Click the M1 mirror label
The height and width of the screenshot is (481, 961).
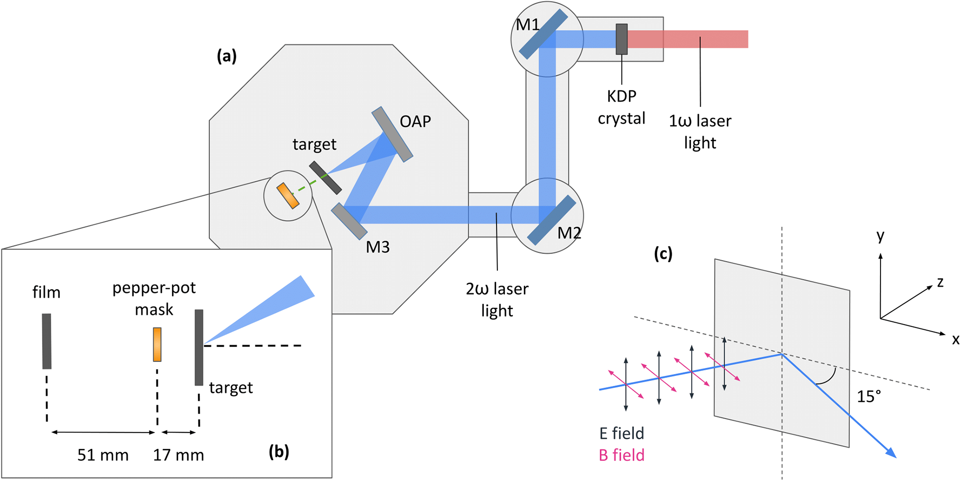click(x=527, y=24)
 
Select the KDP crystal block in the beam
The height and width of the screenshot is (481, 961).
click(x=622, y=39)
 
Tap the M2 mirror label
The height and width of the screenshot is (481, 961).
click(x=569, y=233)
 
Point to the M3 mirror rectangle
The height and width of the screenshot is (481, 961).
click(x=349, y=221)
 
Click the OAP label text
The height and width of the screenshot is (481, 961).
click(x=415, y=122)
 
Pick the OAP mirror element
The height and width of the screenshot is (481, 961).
click(x=392, y=134)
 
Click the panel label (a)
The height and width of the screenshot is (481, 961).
click(x=227, y=57)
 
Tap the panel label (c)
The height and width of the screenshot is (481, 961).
click(x=663, y=254)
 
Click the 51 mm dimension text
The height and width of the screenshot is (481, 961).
click(x=103, y=455)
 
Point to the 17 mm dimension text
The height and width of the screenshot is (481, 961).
click(x=179, y=455)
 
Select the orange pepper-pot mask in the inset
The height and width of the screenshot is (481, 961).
click(x=157, y=344)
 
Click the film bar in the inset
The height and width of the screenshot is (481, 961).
click(x=47, y=341)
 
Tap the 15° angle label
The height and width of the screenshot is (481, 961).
click(x=868, y=397)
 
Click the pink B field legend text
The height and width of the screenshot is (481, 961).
click(x=621, y=455)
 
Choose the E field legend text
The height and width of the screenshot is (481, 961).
click(x=621, y=433)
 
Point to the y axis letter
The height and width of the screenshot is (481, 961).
click(x=880, y=236)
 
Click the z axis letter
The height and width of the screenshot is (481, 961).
click(x=940, y=282)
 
